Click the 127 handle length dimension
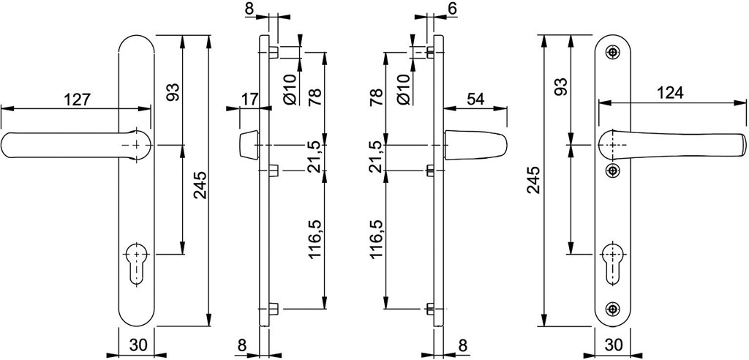click(x=77, y=100)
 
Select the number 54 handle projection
click(x=475, y=100)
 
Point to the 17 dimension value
click(x=248, y=100)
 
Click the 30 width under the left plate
click(x=137, y=344)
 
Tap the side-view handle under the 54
click(x=475, y=145)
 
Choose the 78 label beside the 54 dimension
click(x=377, y=97)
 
